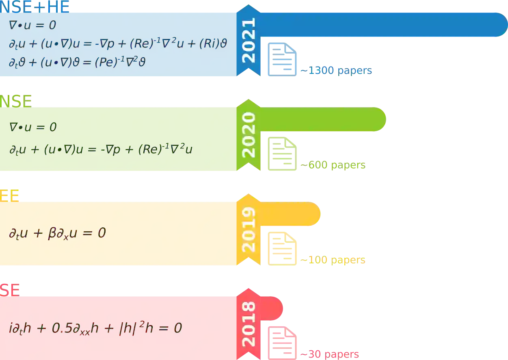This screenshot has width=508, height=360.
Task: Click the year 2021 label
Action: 249,40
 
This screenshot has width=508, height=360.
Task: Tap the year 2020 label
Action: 249,135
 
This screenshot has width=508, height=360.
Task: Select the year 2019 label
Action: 249,229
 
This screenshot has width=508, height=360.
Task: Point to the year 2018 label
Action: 249,324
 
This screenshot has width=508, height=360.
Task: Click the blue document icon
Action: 282,59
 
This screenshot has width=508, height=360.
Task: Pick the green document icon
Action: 282,154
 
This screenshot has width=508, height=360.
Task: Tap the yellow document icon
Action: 282,248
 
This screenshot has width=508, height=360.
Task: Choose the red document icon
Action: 282,343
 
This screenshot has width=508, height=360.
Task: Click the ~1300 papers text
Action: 336,71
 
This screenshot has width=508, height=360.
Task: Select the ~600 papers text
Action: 333,166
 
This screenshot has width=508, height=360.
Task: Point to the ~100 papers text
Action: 333,260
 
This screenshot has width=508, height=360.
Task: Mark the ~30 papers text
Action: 330,354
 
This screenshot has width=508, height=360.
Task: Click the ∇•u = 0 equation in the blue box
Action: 32,25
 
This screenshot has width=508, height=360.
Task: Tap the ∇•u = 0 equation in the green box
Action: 33,127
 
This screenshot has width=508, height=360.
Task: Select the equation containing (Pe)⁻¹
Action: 77,62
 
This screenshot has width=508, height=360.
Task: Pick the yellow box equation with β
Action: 57,233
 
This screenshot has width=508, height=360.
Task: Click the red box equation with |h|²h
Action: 95,328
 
